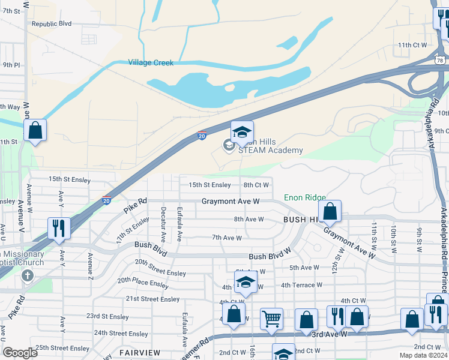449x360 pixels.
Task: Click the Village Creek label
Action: pos(150,62)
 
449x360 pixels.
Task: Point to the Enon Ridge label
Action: pos(304,197)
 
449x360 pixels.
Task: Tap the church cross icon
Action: pos(26,276)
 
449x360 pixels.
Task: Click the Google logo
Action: pos(20,353)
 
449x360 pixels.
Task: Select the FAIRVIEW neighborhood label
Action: pos(139,352)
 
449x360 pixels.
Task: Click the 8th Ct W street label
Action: pos(256,185)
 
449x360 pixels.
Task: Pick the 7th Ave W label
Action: pos(227,238)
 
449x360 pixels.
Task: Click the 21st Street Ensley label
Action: pos(152,299)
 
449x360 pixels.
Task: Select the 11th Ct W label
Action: pos(412,44)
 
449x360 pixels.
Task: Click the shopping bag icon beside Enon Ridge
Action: pos(330,211)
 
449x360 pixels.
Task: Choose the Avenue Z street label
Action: pos(91,266)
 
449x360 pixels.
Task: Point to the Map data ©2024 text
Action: pos(424,355)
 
